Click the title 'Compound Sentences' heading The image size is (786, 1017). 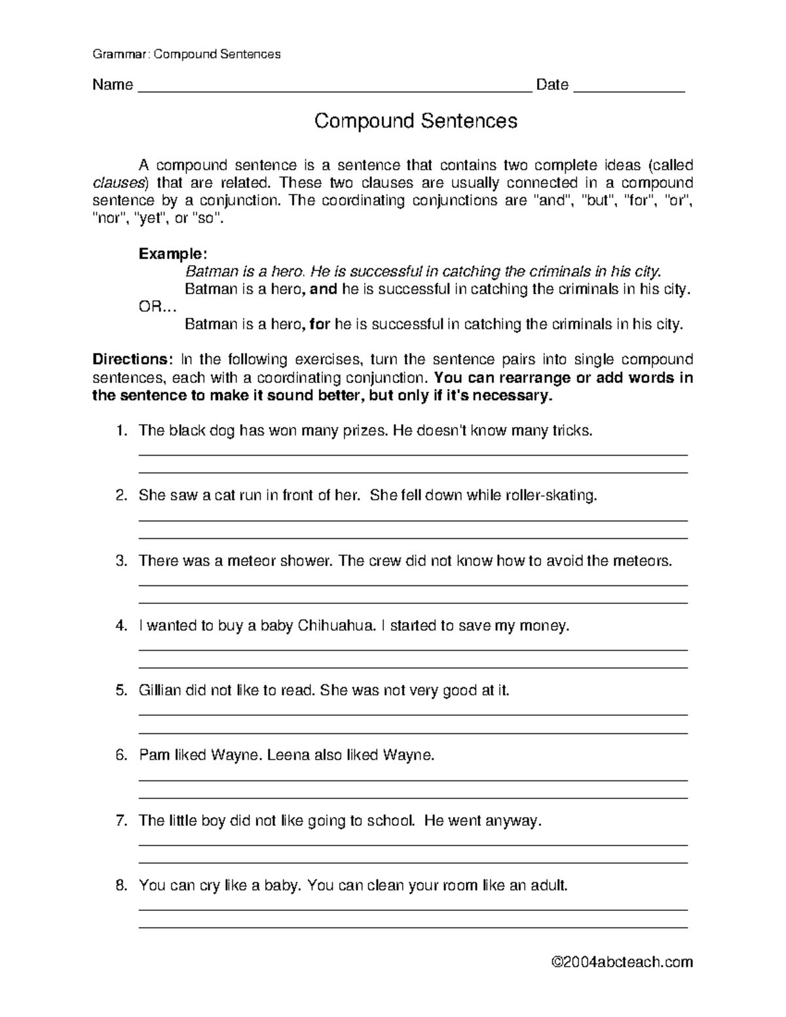[x=416, y=121]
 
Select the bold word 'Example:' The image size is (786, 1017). [x=173, y=253]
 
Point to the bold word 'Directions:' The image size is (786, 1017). [x=132, y=360]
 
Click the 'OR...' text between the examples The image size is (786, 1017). [x=157, y=306]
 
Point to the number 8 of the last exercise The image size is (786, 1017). [x=120, y=885]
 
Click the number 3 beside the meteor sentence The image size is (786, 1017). [x=120, y=561]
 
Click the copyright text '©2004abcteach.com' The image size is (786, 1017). [x=622, y=962]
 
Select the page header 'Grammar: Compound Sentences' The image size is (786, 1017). [x=187, y=54]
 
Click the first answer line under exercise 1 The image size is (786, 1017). [x=413, y=454]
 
